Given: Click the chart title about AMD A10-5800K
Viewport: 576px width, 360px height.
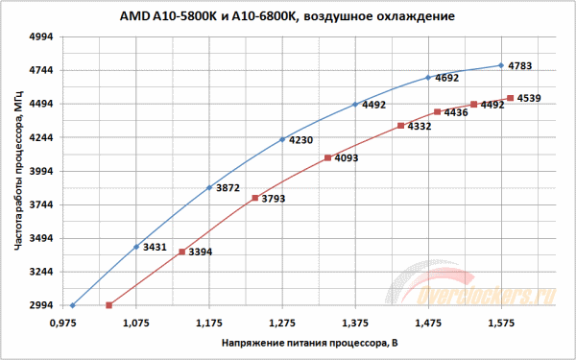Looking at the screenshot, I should [x=289, y=16].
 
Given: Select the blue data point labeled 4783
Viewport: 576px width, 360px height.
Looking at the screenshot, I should [x=501, y=65].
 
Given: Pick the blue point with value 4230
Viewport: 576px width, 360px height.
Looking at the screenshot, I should [x=282, y=140].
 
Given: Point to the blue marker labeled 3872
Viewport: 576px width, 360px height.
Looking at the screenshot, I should [x=209, y=187].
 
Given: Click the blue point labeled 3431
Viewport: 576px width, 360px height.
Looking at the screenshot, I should [x=136, y=248].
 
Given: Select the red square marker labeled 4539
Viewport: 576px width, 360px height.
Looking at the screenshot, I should [x=510, y=98].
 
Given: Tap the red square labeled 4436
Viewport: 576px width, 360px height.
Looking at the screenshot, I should [x=437, y=112].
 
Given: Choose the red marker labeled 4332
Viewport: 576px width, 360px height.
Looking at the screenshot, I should [x=400, y=126].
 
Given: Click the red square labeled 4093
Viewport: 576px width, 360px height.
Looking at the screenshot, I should [x=327, y=157].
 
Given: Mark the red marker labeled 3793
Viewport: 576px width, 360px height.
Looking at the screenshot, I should [x=254, y=198].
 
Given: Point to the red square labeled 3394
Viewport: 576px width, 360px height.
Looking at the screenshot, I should [x=181, y=252].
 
